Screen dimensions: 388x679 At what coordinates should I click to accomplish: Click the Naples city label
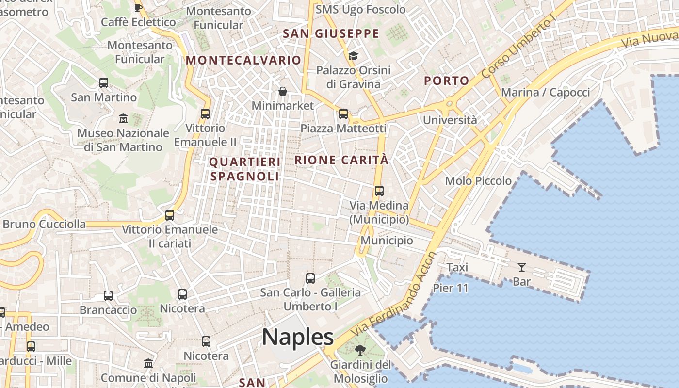click(298, 337)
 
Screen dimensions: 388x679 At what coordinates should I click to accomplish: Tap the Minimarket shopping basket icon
click(282, 91)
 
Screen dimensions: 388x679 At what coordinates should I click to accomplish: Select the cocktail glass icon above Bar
click(521, 267)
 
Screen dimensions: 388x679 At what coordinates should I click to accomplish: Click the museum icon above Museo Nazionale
click(123, 118)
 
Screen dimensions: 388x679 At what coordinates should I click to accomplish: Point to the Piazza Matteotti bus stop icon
click(343, 114)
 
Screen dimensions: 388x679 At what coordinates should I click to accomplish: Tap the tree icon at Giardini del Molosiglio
click(360, 350)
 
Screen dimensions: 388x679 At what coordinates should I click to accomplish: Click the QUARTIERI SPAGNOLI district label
click(244, 169)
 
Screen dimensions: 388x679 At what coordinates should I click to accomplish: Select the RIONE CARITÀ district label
click(341, 160)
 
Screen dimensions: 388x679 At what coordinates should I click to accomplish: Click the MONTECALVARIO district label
click(243, 60)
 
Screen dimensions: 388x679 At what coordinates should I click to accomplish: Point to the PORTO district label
click(447, 81)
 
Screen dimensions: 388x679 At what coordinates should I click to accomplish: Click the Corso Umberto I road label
click(518, 48)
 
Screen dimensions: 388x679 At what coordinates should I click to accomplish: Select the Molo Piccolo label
click(478, 181)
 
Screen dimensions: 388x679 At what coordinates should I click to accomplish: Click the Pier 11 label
click(451, 288)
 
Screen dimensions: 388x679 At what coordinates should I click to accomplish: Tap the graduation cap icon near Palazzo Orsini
click(353, 56)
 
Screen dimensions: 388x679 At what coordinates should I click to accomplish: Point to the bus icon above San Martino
click(104, 82)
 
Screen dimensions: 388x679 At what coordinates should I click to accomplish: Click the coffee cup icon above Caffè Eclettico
click(138, 7)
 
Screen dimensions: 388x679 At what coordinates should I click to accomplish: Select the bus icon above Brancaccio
click(108, 295)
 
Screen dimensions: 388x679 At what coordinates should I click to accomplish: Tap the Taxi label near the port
click(457, 267)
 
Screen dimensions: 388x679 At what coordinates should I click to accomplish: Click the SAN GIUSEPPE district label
click(331, 33)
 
